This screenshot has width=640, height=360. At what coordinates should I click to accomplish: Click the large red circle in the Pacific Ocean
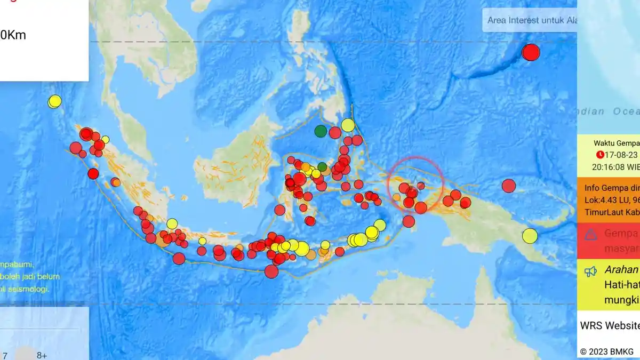click(x=531, y=52)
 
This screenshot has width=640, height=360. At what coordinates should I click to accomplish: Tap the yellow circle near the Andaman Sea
click(x=55, y=101)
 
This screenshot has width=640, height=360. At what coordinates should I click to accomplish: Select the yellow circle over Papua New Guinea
click(x=530, y=236)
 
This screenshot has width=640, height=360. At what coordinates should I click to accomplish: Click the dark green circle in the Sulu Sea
click(x=321, y=131)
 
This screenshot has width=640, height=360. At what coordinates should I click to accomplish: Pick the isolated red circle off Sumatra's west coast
click(x=93, y=173)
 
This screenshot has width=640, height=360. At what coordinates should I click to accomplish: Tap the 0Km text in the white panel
click(x=13, y=36)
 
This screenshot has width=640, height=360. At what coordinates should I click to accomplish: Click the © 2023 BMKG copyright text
click(x=607, y=351)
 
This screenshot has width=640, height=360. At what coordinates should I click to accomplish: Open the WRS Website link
click(x=610, y=325)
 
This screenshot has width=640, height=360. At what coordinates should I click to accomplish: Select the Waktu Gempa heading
click(x=616, y=143)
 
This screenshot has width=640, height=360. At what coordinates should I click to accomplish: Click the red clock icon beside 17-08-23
click(x=601, y=155)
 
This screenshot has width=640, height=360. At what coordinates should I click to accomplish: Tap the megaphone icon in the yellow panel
click(x=590, y=271)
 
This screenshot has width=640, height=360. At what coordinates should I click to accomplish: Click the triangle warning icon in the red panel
click(x=590, y=234)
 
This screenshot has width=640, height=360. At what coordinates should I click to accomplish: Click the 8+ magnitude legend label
click(x=42, y=355)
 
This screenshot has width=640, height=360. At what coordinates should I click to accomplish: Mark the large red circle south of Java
click(x=271, y=271)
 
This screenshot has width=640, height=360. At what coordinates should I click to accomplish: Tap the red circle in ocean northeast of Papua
click(x=509, y=186)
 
